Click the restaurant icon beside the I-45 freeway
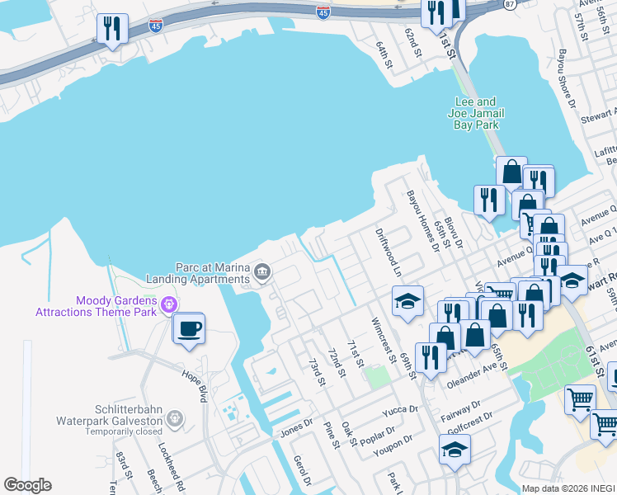coord(111,29)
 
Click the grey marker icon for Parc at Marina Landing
coord(262,271)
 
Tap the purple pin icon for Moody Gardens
coord(171,305)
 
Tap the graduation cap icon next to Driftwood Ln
coord(407,302)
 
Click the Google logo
coord(27,485)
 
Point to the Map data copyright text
coord(568,488)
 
